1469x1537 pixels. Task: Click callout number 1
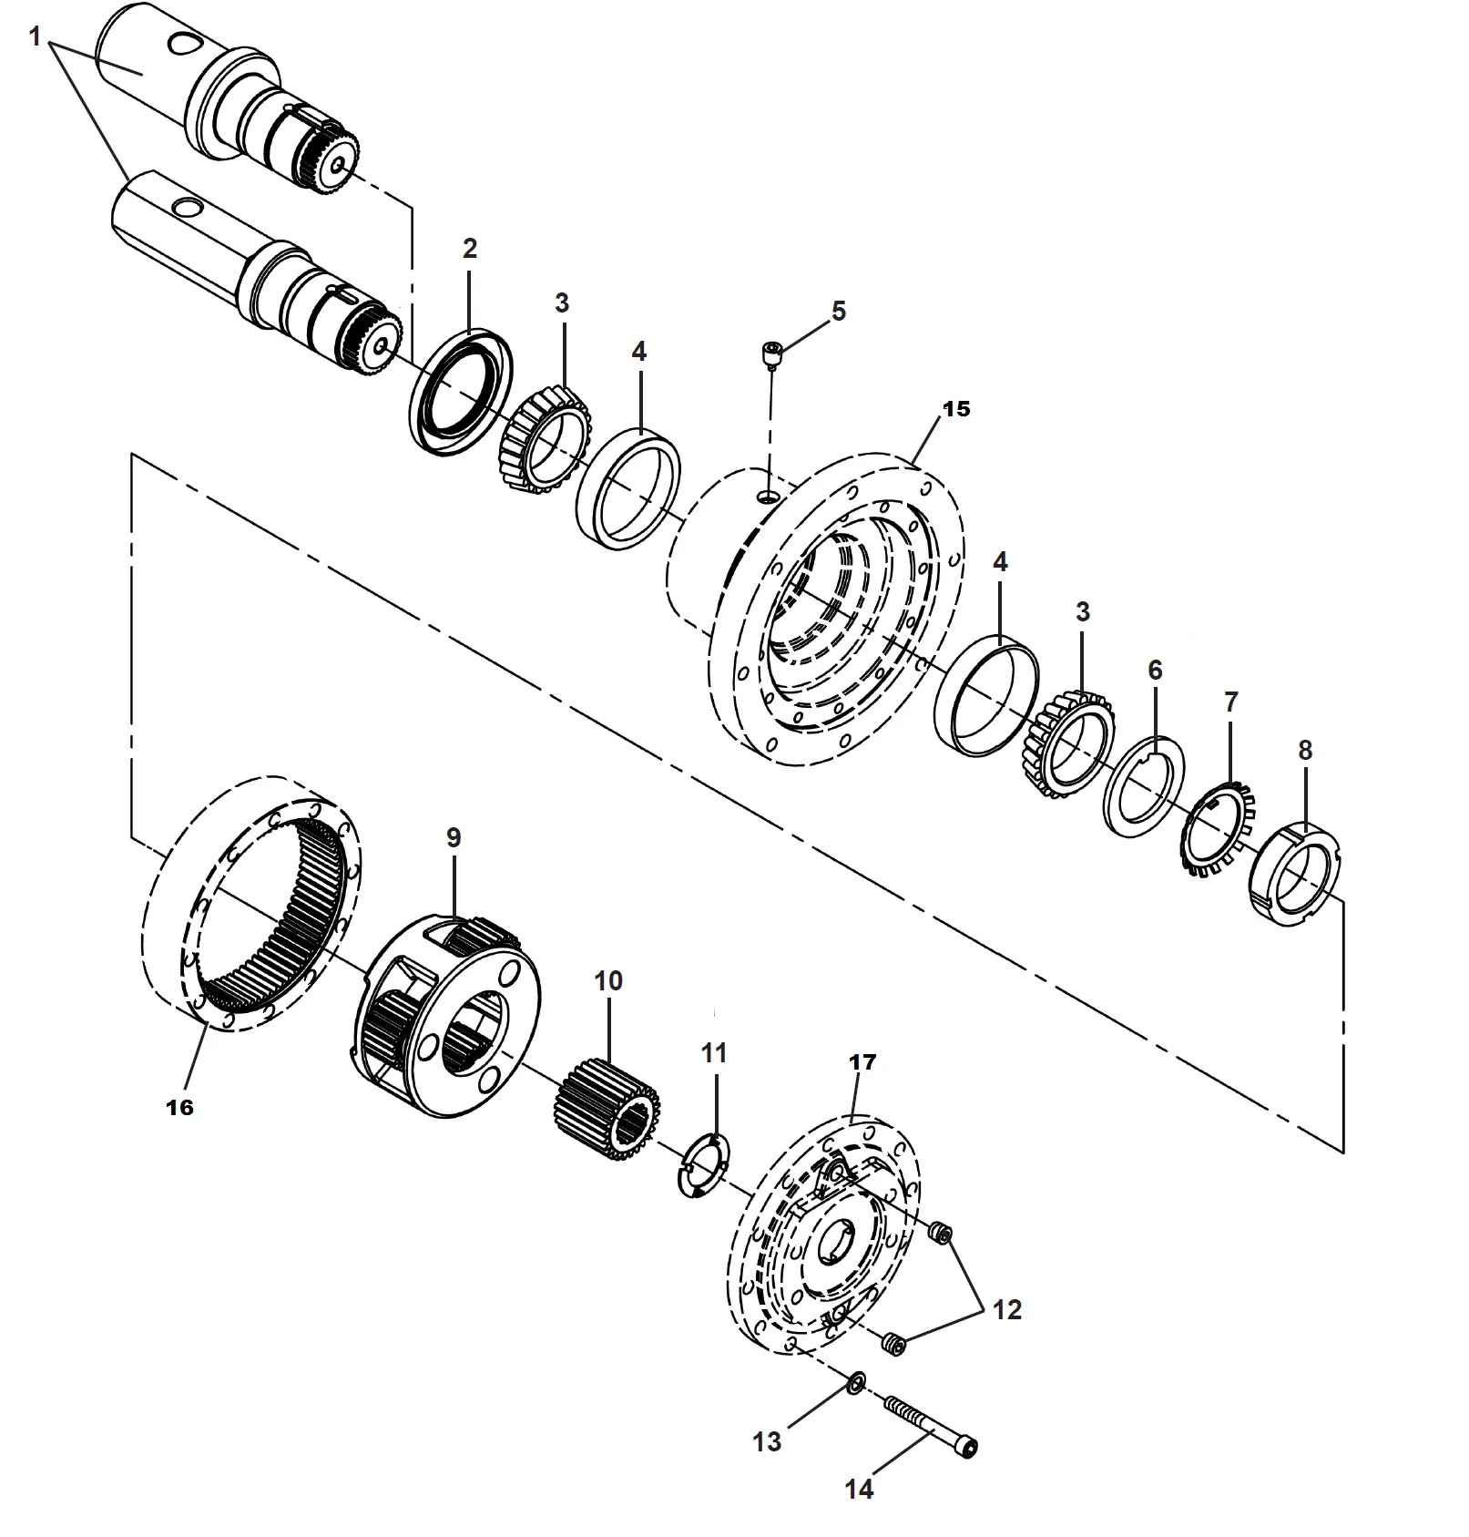tap(35, 37)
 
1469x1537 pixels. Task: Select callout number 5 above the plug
tap(838, 311)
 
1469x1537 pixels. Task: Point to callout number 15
tap(956, 409)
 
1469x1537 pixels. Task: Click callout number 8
tap(1304, 751)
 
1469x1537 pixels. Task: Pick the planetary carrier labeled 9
tap(446, 1016)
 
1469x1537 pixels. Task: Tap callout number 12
tap(1006, 1310)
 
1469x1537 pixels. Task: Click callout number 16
tap(179, 1107)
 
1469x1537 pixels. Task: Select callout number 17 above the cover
tap(862, 1062)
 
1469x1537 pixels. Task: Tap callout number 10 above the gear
tap(607, 981)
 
